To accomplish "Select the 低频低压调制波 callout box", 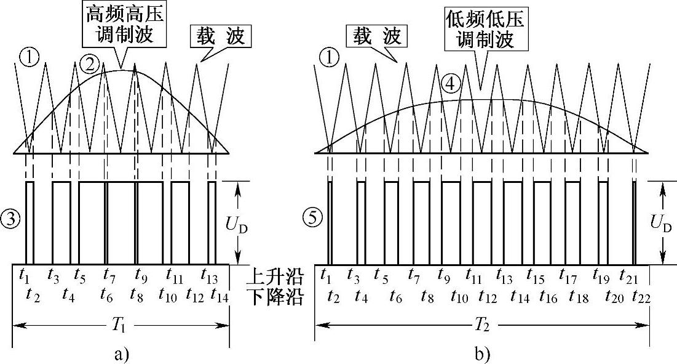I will pos(486,32).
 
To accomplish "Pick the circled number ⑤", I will pos(312,217).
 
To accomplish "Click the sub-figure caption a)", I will pos(121,354).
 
